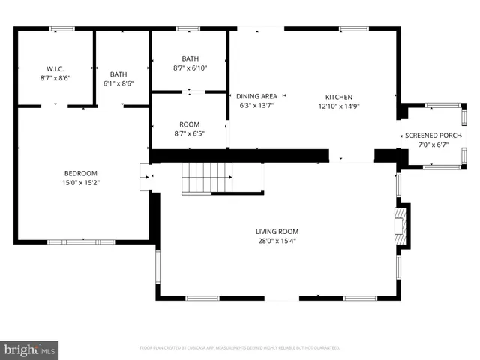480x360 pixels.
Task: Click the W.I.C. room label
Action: pyautogui.click(x=54, y=68)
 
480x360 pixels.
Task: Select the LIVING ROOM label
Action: pyautogui.click(x=277, y=231)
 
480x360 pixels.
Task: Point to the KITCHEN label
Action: pyautogui.click(x=338, y=97)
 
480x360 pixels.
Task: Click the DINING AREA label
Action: pyautogui.click(x=256, y=96)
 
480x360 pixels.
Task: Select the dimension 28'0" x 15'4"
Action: pyautogui.click(x=277, y=241)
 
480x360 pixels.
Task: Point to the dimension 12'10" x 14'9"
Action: pyautogui.click(x=338, y=106)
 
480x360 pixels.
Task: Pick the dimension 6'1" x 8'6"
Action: pyautogui.click(x=118, y=84)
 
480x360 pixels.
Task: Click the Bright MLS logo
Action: pyautogui.click(x=30, y=349)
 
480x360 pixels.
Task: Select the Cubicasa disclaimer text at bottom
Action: pyautogui.click(x=240, y=348)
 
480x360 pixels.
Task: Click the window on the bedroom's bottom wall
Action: pyautogui.click(x=81, y=241)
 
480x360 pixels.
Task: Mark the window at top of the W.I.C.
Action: pyautogui.click(x=61, y=28)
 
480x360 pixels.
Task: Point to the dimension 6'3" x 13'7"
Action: pyautogui.click(x=256, y=106)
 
